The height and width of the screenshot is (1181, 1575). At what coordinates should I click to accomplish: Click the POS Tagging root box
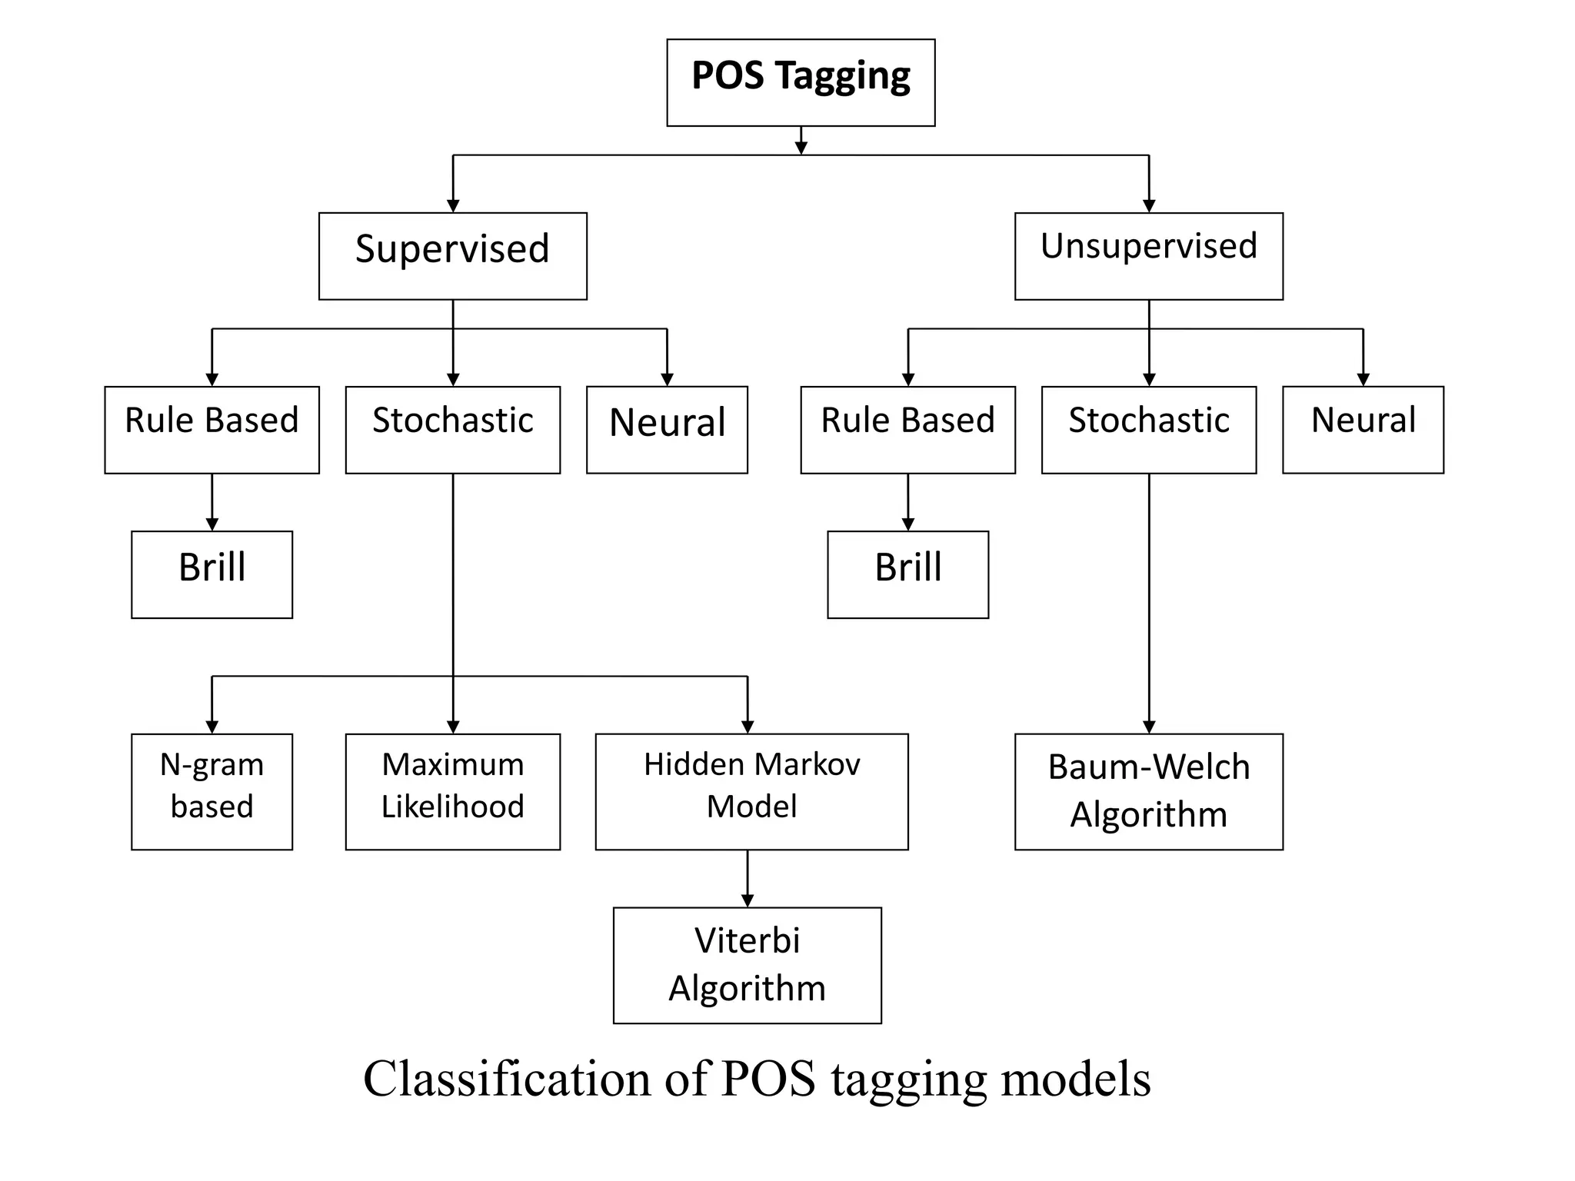tap(801, 82)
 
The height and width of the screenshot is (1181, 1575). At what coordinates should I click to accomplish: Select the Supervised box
tap(452, 256)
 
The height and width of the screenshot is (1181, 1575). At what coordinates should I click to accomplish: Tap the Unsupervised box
tap(1148, 256)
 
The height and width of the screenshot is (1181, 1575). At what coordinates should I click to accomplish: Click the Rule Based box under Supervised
tap(211, 429)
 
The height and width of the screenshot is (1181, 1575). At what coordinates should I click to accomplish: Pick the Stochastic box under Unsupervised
tap(1148, 429)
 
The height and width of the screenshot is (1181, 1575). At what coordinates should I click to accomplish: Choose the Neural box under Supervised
tap(667, 429)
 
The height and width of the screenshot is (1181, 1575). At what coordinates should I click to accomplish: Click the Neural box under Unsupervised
tap(1363, 429)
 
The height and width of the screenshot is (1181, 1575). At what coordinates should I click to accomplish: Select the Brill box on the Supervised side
tap(211, 574)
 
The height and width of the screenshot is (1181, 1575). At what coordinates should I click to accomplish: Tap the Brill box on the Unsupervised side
tap(907, 574)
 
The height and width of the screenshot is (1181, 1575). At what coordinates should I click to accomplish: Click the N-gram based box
tap(211, 791)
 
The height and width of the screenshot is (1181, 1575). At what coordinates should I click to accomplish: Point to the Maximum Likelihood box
tap(452, 791)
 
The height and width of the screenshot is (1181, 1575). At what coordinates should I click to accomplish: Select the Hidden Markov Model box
tap(751, 791)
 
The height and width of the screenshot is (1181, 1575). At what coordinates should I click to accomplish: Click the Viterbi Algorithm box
tap(747, 965)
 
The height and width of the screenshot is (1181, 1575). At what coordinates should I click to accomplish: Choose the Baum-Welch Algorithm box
tap(1148, 791)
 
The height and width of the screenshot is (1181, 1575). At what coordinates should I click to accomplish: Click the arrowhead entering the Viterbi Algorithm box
tap(748, 900)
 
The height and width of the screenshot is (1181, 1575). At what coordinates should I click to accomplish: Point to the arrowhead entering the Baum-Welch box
tap(1149, 727)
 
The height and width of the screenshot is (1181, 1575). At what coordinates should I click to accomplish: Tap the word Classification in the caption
tap(508, 1078)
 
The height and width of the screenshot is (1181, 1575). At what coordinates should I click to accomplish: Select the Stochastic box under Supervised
tap(452, 429)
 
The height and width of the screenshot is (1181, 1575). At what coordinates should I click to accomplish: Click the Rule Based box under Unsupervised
tap(907, 429)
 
